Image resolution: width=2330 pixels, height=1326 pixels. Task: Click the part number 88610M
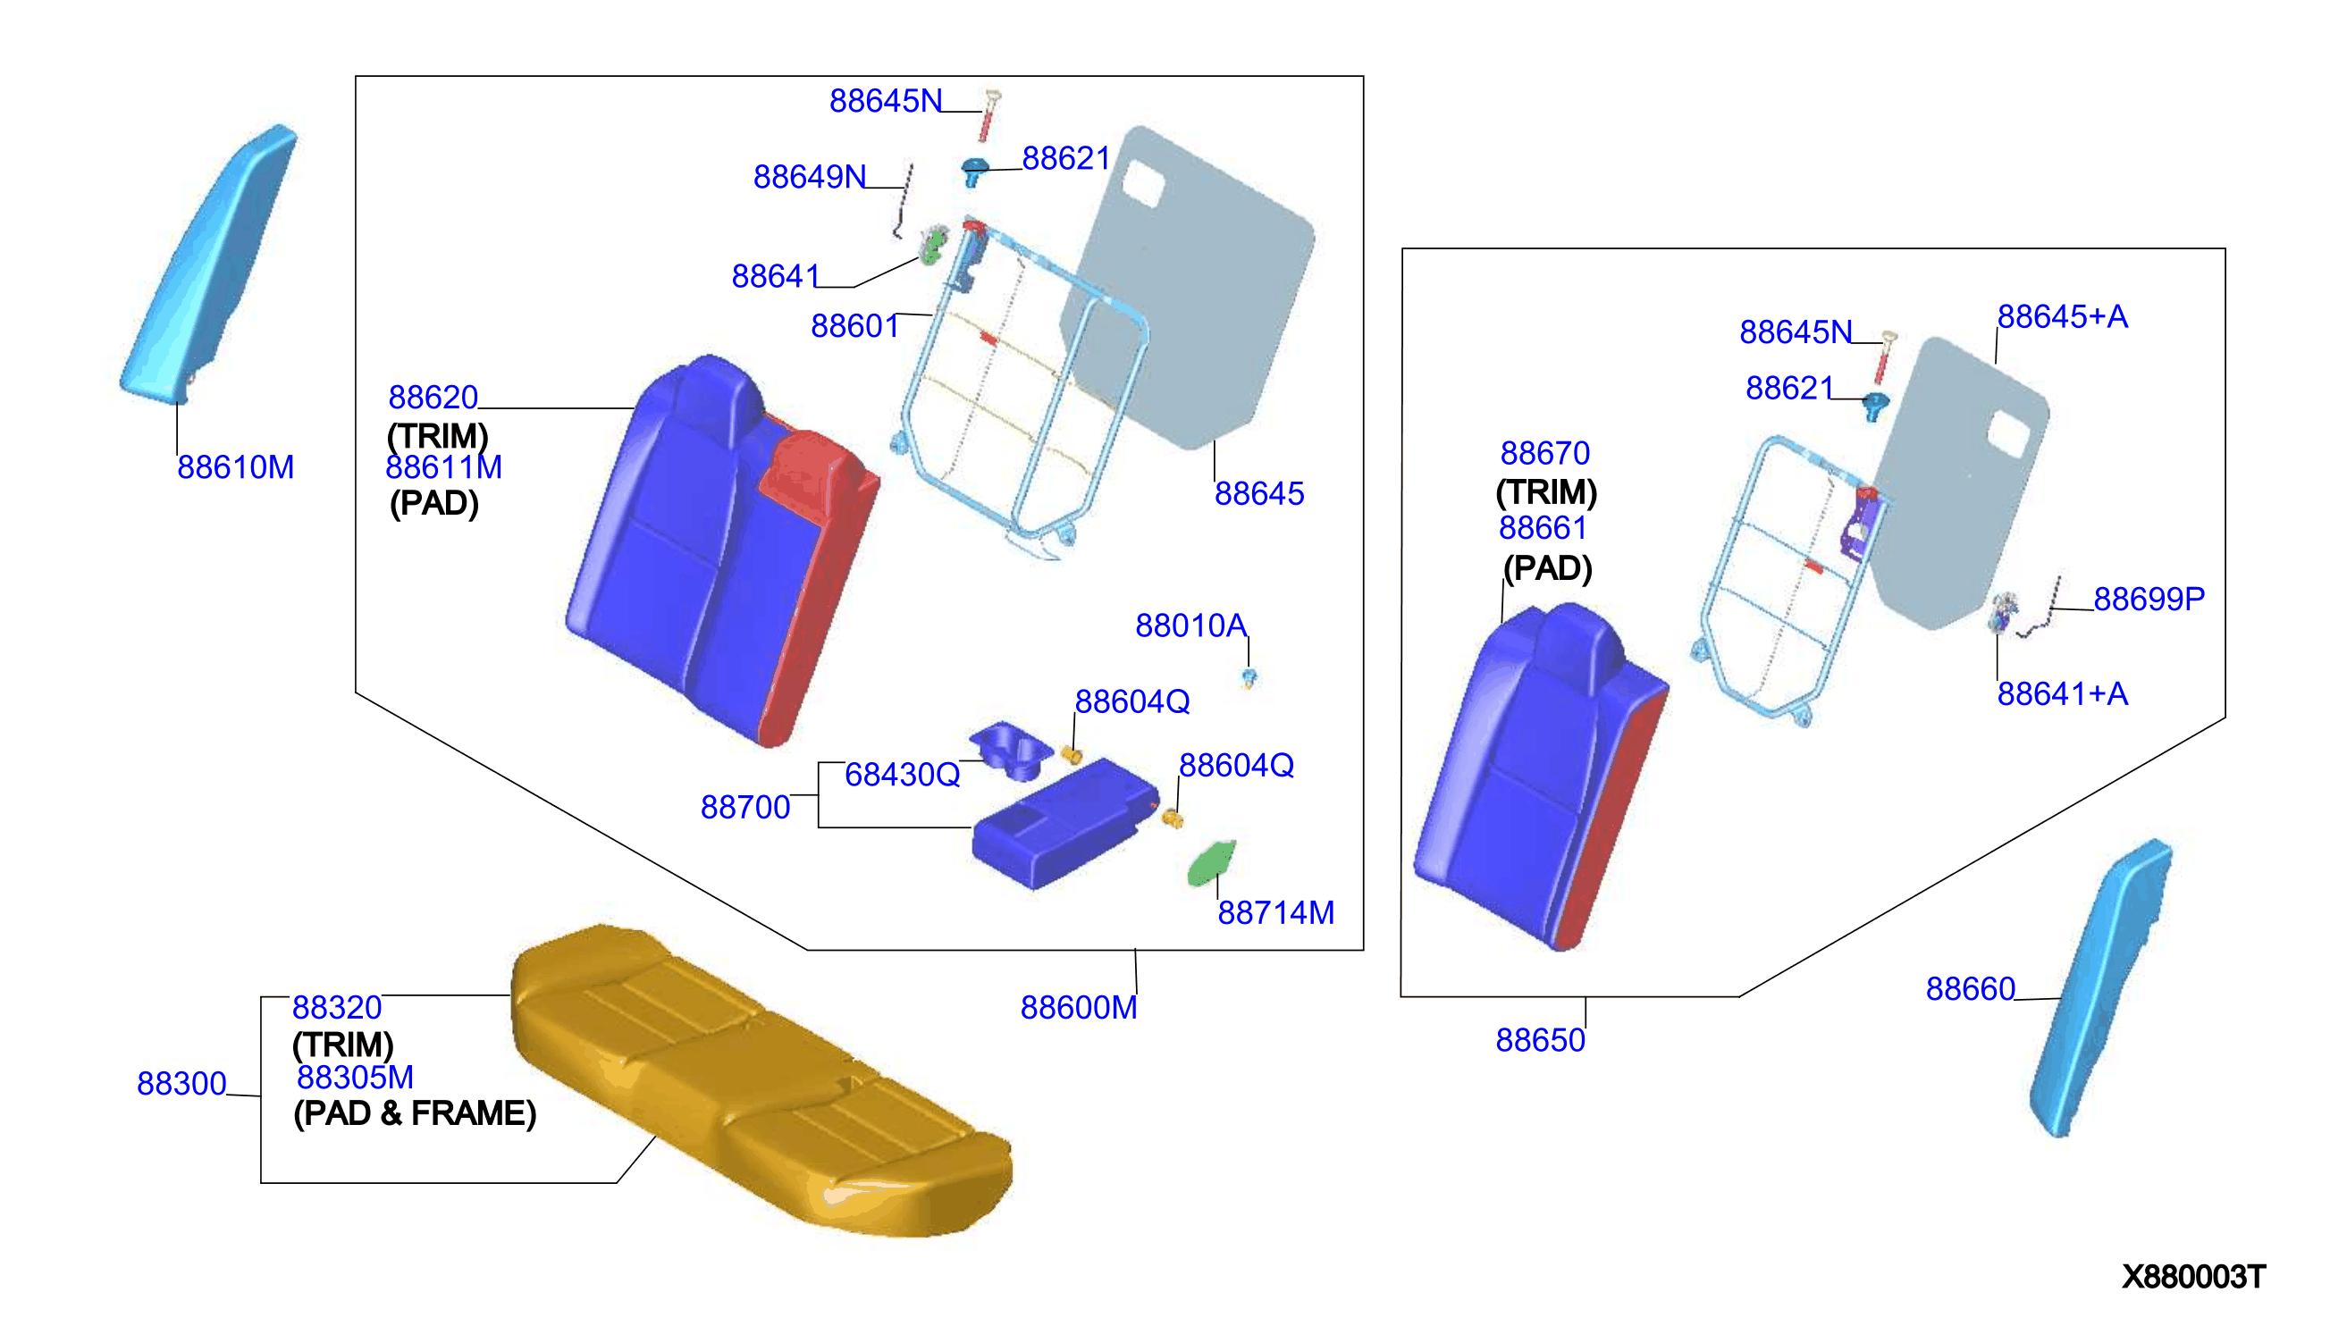coord(235,467)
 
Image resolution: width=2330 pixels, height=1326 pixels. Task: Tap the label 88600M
coord(1079,1007)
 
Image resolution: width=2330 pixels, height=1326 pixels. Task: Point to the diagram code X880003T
coord(2193,1276)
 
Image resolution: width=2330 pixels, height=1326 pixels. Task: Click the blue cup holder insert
coord(1012,750)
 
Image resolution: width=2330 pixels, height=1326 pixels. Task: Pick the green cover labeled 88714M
coord(1211,862)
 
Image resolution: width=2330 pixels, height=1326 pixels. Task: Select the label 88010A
coord(1190,625)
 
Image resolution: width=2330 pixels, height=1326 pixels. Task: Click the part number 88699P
coord(2149,599)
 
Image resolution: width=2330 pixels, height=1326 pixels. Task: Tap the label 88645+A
coord(2062,317)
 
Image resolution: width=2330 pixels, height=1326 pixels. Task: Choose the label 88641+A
coord(2062,694)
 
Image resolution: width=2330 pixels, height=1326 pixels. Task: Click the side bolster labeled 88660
coord(2100,987)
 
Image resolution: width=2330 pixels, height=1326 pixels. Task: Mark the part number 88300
coord(181,1083)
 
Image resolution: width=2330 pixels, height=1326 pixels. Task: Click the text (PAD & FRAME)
coord(415,1113)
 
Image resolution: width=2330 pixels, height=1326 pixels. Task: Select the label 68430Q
coord(902,775)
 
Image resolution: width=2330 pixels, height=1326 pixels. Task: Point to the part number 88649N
coord(809,177)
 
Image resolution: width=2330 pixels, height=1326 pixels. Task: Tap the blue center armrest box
coord(1065,822)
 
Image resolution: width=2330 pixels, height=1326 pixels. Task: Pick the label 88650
coord(1540,1040)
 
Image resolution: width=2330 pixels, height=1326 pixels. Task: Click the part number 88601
coord(854,325)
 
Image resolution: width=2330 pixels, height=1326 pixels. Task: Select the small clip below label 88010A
coord(1249,677)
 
